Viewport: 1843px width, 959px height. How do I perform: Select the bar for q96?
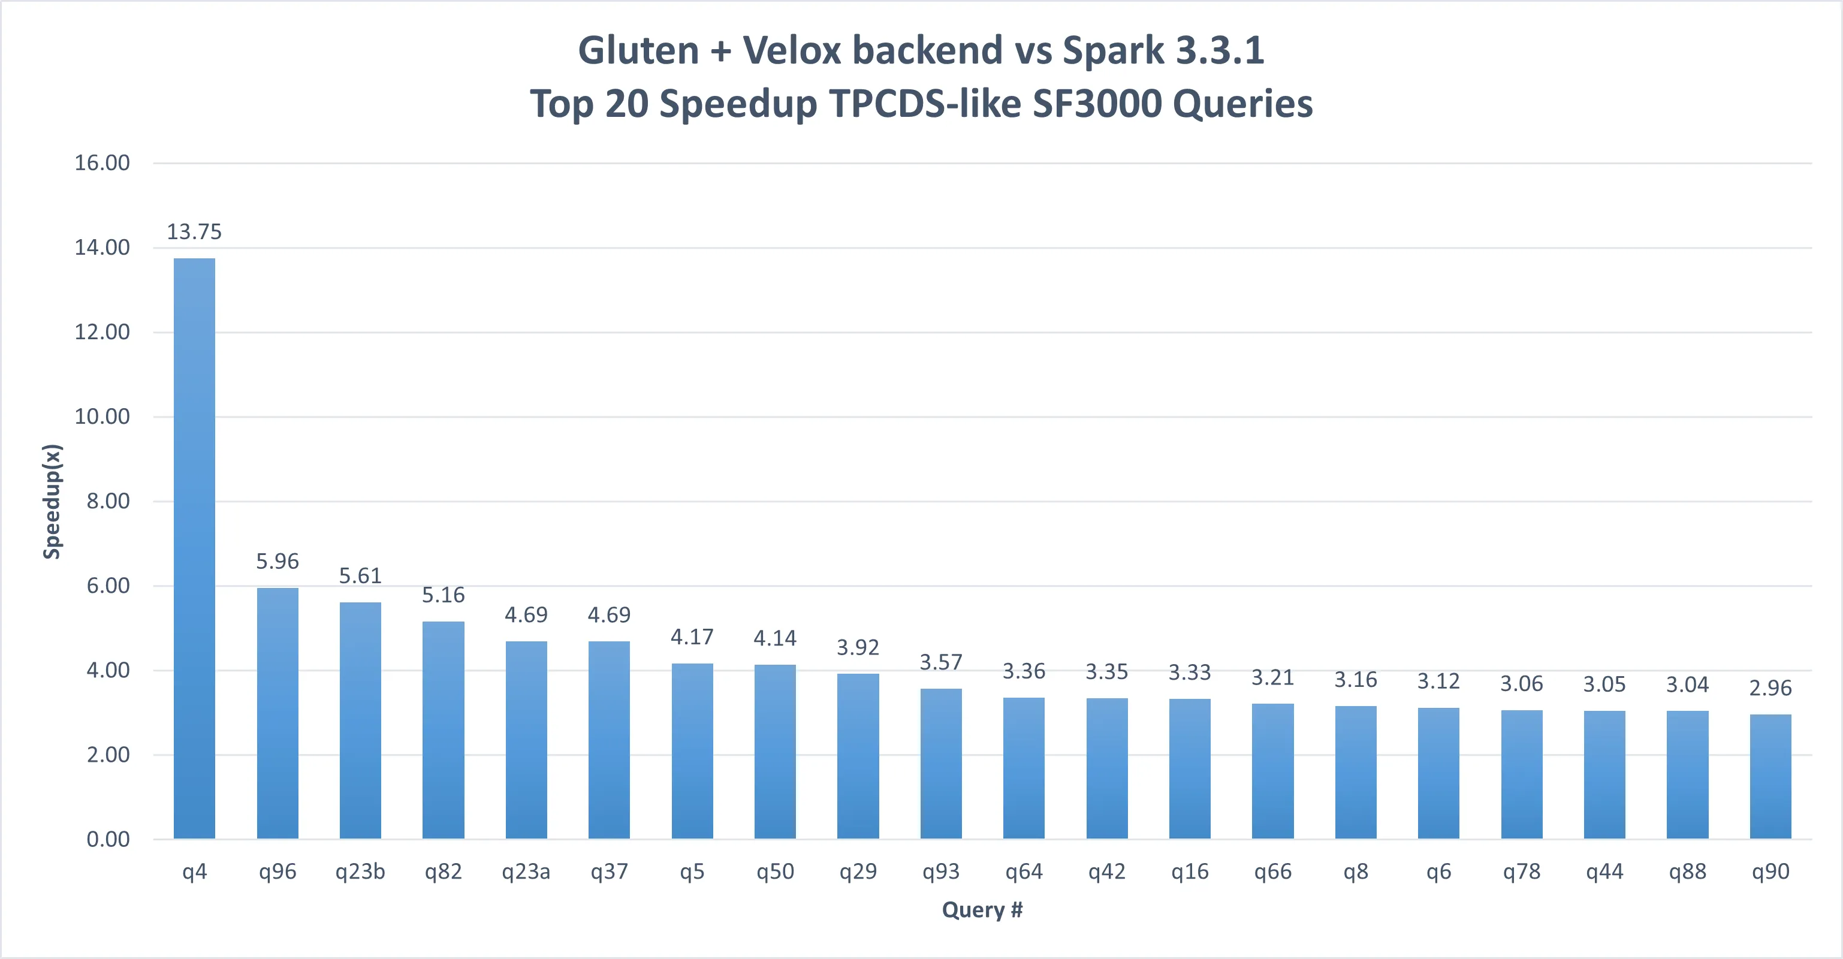pos(277,713)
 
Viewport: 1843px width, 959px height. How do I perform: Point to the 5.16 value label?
pos(443,595)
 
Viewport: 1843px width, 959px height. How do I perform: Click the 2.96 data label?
pos(1770,687)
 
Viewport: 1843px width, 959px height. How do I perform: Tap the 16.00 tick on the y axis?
pos(102,163)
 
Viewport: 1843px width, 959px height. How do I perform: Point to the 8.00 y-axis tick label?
pos(108,501)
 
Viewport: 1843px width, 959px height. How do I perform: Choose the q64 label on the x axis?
pos(1023,871)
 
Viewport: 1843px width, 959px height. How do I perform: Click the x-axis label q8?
pos(1355,871)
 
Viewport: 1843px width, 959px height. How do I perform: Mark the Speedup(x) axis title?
pos(52,501)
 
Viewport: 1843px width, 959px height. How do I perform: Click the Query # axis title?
pos(982,910)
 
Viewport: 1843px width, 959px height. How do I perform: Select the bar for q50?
pos(775,752)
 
